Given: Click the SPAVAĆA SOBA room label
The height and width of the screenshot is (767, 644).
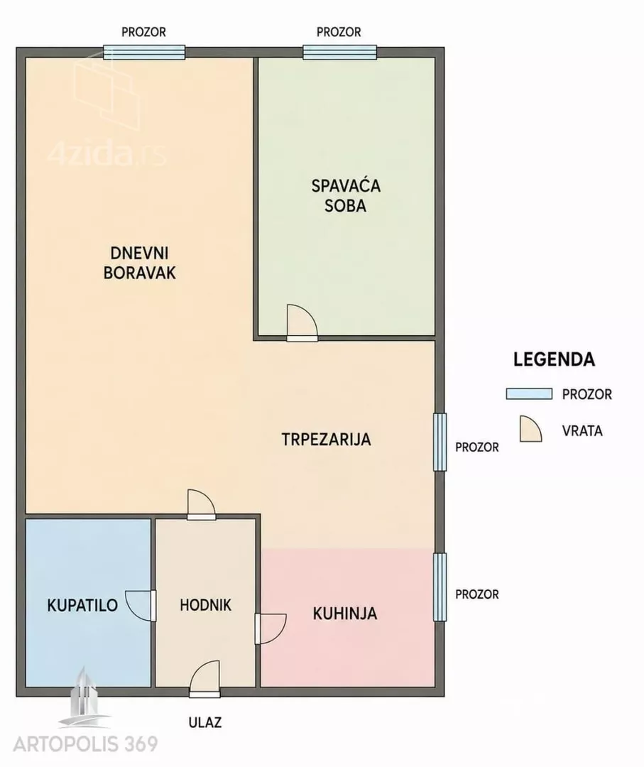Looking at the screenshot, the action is click(x=346, y=196).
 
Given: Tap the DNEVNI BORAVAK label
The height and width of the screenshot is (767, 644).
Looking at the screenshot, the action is click(x=139, y=263).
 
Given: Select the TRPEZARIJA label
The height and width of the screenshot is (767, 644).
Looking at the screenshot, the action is click(x=326, y=440).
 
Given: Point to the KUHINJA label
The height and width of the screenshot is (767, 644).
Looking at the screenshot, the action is click(x=345, y=614).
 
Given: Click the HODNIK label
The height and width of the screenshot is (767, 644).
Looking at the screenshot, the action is click(x=205, y=605).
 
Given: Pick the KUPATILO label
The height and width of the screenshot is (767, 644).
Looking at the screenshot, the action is click(x=82, y=605).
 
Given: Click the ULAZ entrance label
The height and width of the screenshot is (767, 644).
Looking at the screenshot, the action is click(x=205, y=722).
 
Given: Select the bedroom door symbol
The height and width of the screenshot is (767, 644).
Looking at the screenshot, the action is click(x=302, y=323).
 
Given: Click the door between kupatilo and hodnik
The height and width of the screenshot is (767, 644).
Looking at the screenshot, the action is click(x=141, y=606).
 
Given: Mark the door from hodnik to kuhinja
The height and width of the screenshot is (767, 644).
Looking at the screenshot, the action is click(x=271, y=629).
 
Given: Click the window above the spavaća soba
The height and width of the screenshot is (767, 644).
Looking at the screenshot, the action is click(x=340, y=52).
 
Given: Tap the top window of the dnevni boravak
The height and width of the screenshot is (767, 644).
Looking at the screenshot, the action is click(x=144, y=52).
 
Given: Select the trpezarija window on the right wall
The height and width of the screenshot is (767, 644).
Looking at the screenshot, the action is click(x=440, y=442).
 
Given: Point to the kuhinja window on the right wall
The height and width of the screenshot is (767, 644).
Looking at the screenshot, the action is click(x=440, y=587).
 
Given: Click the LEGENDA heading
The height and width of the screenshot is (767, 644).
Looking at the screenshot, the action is click(x=554, y=359).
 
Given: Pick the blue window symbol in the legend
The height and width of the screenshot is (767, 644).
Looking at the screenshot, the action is click(x=529, y=393).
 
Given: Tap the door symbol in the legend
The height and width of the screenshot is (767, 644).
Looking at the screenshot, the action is click(x=530, y=429).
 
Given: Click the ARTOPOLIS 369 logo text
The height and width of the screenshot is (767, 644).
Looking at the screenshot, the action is click(x=86, y=744).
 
